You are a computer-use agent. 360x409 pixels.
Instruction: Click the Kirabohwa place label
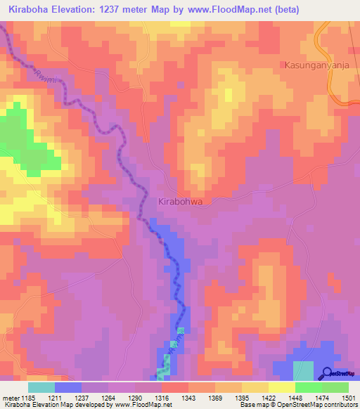coord(181,201)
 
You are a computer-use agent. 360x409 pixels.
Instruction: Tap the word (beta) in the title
coord(285,10)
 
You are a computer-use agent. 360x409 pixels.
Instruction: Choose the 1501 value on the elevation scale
coord(340,398)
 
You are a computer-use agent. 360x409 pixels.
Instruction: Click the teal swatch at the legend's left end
coord(41,387)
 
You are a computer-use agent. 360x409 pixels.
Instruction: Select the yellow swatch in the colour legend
coord(281,387)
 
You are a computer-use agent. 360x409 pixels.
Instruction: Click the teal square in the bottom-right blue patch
coord(303,370)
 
